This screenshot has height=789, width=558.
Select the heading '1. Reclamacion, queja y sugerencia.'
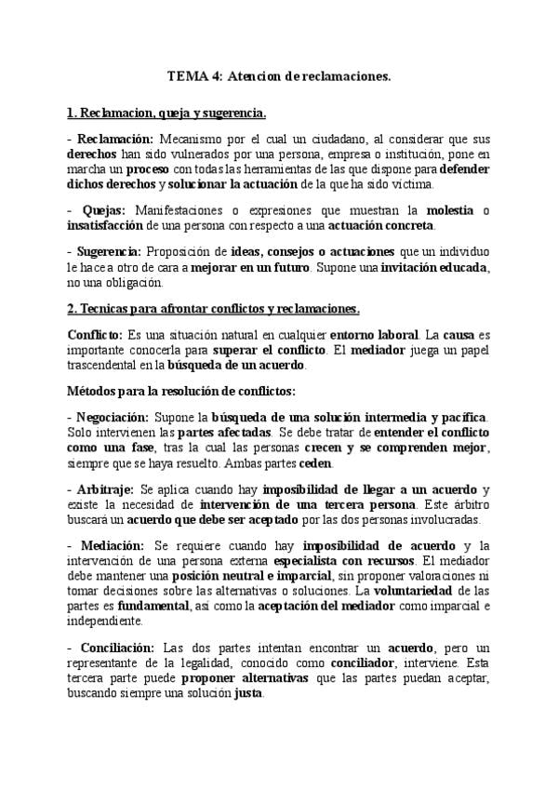[x=166, y=114]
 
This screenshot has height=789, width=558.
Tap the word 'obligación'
[x=134, y=283]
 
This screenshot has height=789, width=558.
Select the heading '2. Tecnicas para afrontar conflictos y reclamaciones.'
[x=214, y=309]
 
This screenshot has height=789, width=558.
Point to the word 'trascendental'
[x=105, y=366]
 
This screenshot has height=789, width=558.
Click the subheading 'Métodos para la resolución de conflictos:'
[x=182, y=391]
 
